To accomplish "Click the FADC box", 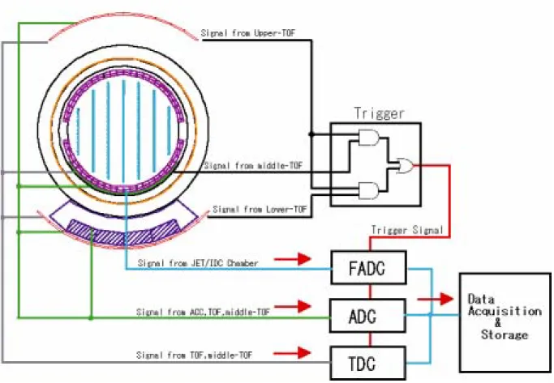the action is click(368, 268).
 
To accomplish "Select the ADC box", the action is click(367, 316).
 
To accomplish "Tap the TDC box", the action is click(367, 363).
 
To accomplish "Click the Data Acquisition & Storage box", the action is click(505, 323).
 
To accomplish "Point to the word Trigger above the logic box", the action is click(379, 113).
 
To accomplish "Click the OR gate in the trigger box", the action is click(406, 165).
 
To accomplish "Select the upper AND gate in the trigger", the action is click(369, 138).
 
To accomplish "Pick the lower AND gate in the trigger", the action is click(369, 190).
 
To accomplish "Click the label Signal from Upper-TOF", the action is click(248, 33).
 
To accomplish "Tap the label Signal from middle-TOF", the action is click(253, 165).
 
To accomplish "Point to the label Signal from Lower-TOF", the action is click(260, 210).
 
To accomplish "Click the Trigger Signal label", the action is click(407, 230).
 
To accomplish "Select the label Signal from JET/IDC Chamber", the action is click(198, 263).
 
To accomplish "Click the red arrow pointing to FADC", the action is click(293, 259).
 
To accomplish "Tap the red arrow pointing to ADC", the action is click(293, 306).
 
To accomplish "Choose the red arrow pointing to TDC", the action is click(293, 352).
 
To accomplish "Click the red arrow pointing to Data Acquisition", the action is click(436, 299).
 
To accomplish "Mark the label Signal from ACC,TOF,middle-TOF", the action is click(203, 312).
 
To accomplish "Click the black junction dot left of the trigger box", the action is click(311, 134).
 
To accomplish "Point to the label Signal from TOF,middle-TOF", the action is click(195, 355).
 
